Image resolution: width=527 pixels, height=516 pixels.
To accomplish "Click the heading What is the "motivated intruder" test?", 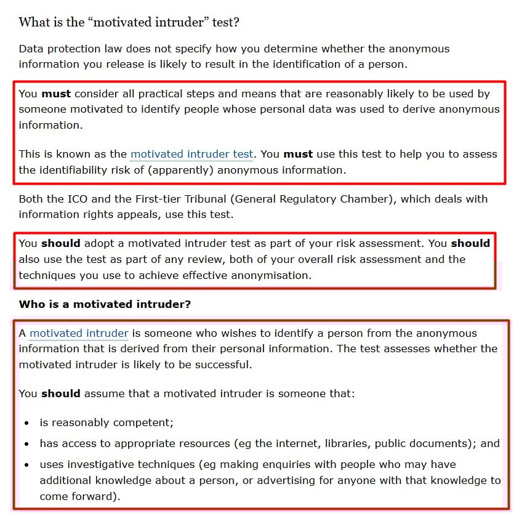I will tap(129, 23).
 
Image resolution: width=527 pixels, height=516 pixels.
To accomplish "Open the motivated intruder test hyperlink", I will tap(191, 154).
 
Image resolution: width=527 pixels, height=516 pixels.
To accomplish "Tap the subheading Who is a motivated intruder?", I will tap(105, 304).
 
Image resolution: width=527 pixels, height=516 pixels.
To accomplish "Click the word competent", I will tap(143, 422).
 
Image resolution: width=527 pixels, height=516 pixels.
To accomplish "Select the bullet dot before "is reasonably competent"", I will tap(25, 423).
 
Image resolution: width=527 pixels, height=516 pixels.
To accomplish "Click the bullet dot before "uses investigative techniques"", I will tap(25, 464).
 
